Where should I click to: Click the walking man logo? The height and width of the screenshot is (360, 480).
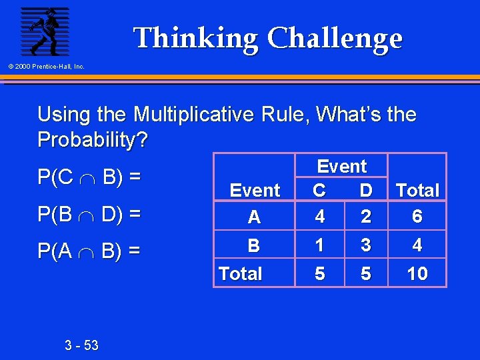coord(44,31)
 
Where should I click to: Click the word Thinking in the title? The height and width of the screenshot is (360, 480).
coord(195,39)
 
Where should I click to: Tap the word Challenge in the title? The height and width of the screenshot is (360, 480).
coord(335,39)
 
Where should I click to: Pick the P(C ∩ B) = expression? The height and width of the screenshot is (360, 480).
coord(89,177)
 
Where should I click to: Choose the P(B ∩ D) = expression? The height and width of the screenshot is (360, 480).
coord(89,214)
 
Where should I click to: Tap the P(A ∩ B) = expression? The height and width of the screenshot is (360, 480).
coord(89,251)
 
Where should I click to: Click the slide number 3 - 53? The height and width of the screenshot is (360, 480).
coord(82,345)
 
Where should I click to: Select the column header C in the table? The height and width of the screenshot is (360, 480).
coord(319,191)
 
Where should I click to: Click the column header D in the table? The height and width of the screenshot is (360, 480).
coord(365,191)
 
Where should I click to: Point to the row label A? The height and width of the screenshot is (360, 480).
coord(254,217)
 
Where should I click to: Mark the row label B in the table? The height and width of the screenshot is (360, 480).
coord(254,246)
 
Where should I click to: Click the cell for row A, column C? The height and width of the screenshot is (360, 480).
coord(319,217)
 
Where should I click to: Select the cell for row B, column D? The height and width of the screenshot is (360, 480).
coord(365,245)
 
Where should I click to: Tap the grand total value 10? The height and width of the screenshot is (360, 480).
coord(417,273)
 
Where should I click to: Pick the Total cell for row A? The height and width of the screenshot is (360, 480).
coord(417,217)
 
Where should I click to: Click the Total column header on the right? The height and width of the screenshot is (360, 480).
coord(417,191)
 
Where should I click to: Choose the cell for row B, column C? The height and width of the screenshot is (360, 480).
coord(319,245)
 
